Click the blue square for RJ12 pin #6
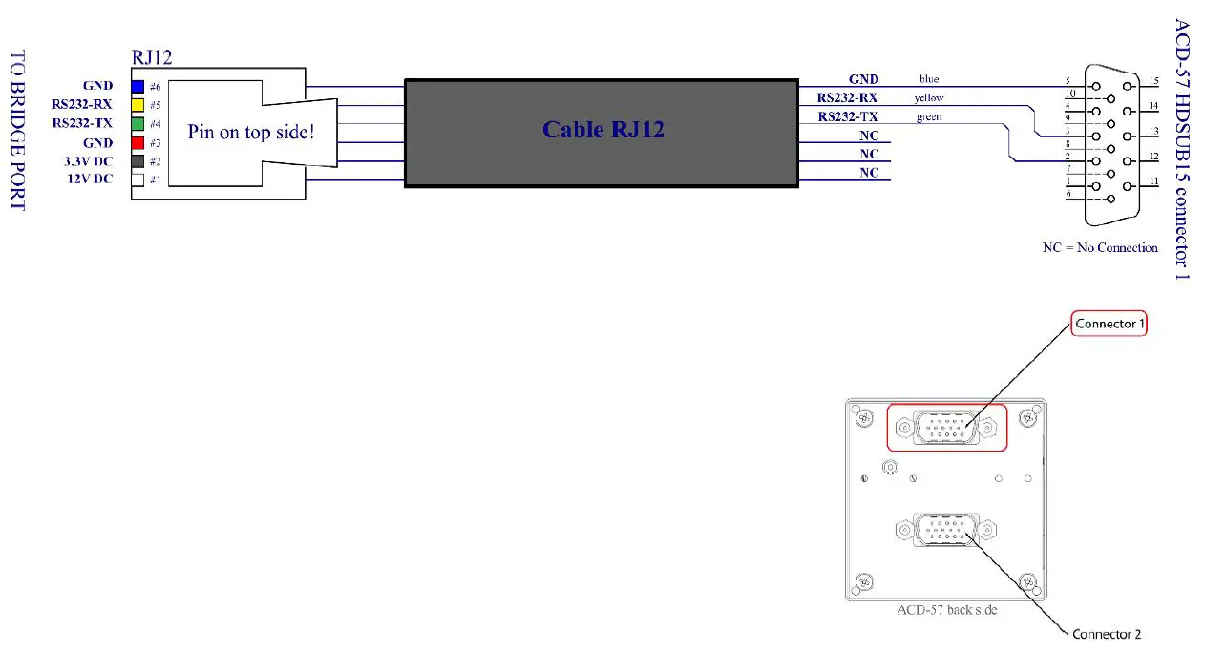[x=137, y=86]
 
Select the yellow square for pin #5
[x=137, y=105]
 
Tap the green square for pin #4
[x=137, y=123]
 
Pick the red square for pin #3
[x=137, y=142]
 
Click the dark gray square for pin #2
[x=137, y=161]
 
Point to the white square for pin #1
[x=137, y=179]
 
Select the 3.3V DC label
[x=86, y=161]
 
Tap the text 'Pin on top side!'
[x=250, y=132]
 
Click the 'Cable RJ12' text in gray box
[x=602, y=130]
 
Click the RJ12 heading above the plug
[x=152, y=57]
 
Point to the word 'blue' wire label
[x=929, y=79]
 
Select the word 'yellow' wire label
[x=929, y=97]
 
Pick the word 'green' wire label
[x=928, y=116]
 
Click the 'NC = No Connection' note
[x=1099, y=247]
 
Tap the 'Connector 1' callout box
[x=1109, y=324]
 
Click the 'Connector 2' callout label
[x=1106, y=634]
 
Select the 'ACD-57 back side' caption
[x=946, y=609]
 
